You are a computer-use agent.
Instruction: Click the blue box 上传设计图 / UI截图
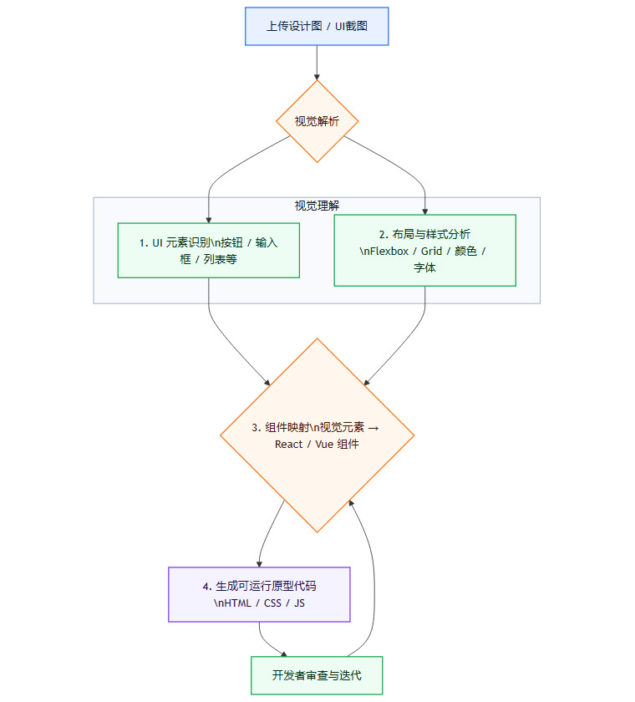pyautogui.click(x=317, y=26)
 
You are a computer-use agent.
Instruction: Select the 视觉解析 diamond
pyautogui.click(x=317, y=121)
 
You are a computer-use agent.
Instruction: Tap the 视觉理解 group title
pyautogui.click(x=317, y=206)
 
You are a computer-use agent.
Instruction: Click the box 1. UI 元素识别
pyautogui.click(x=208, y=250)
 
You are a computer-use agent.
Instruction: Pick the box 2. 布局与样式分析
pyautogui.click(x=424, y=250)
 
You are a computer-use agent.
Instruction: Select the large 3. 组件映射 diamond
pyautogui.click(x=317, y=435)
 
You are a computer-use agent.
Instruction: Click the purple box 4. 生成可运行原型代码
pyautogui.click(x=259, y=594)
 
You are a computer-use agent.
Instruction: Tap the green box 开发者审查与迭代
pyautogui.click(x=317, y=675)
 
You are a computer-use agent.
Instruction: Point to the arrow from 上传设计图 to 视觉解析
pyautogui.click(x=317, y=63)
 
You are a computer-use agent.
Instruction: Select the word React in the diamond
pyautogui.click(x=288, y=444)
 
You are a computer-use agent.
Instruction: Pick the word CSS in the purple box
pyautogui.click(x=272, y=603)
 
